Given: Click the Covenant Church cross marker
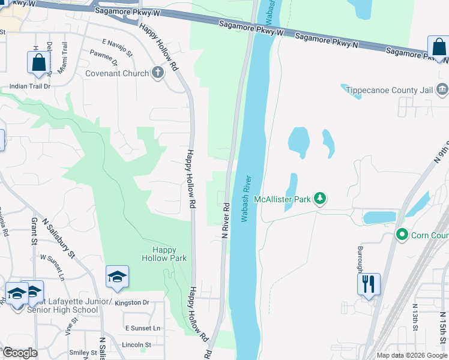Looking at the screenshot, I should [158, 73].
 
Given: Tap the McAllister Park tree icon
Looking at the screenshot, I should [320, 199].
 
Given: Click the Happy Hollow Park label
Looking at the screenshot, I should [164, 254].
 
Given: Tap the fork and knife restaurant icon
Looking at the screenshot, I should [369, 283].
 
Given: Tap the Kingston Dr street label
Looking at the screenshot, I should [133, 303].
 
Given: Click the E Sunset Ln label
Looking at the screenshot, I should [142, 328].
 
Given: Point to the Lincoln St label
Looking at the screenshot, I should [137, 345].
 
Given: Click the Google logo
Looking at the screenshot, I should [19, 353].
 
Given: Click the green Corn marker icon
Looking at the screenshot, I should [402, 235].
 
